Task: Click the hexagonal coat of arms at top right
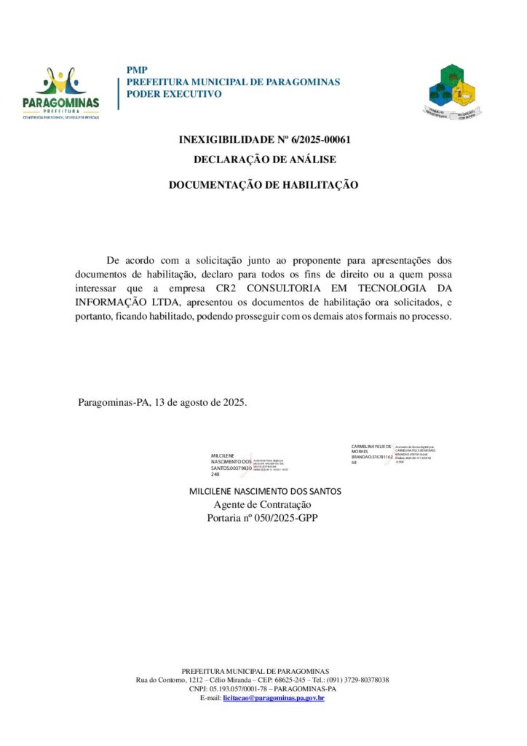click(x=452, y=92)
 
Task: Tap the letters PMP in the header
click(x=137, y=70)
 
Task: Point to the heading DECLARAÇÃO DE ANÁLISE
click(x=264, y=159)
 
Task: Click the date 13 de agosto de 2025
click(x=200, y=402)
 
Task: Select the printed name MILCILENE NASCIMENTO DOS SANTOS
click(x=265, y=491)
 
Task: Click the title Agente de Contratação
click(x=263, y=505)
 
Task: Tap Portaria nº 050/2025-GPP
click(x=263, y=518)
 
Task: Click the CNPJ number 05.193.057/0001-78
click(x=244, y=688)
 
